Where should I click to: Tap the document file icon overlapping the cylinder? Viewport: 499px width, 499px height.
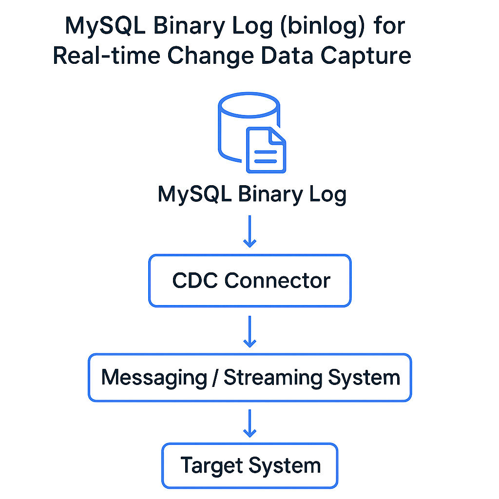(x=265, y=150)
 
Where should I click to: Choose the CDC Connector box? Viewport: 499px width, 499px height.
(x=249, y=281)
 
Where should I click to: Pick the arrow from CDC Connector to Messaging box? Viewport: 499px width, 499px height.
(x=249, y=331)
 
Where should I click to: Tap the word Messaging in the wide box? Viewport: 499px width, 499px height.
(x=154, y=378)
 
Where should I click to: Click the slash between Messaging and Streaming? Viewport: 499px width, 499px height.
(x=215, y=378)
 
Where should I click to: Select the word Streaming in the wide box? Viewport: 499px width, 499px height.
(x=272, y=378)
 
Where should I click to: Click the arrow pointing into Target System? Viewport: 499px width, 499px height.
(x=249, y=423)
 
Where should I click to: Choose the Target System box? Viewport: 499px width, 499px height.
(x=249, y=465)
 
